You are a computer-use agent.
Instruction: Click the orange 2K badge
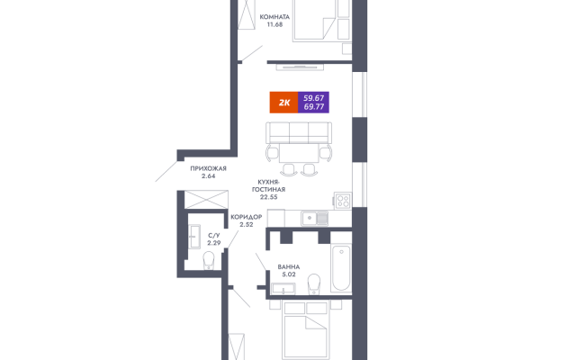[x=283, y=103]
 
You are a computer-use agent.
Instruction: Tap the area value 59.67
[x=314, y=98]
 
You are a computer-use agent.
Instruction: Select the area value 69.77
[x=314, y=107]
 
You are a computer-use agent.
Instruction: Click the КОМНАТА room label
[x=274, y=17]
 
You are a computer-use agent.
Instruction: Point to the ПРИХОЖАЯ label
[x=208, y=168]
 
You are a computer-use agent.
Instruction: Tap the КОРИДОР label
[x=246, y=217]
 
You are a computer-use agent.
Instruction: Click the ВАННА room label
[x=289, y=267]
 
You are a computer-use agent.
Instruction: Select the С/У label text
[x=214, y=236]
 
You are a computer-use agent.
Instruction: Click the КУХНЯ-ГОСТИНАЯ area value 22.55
[x=269, y=197]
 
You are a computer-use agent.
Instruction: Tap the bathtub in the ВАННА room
[x=341, y=267]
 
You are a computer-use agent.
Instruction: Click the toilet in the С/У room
[x=209, y=260]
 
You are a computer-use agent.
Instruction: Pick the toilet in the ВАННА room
[x=314, y=284]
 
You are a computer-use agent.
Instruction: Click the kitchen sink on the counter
[x=315, y=218]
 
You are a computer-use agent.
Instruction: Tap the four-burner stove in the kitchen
[x=343, y=201]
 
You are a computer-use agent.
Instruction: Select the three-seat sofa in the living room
[x=299, y=132]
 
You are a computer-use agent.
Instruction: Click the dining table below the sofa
[x=299, y=153]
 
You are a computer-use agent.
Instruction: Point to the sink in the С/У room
[x=194, y=237]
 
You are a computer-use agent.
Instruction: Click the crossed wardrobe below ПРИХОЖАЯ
[x=206, y=200]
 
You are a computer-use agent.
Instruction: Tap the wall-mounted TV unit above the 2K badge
[x=300, y=67]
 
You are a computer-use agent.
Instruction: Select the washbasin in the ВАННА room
[x=283, y=289]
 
